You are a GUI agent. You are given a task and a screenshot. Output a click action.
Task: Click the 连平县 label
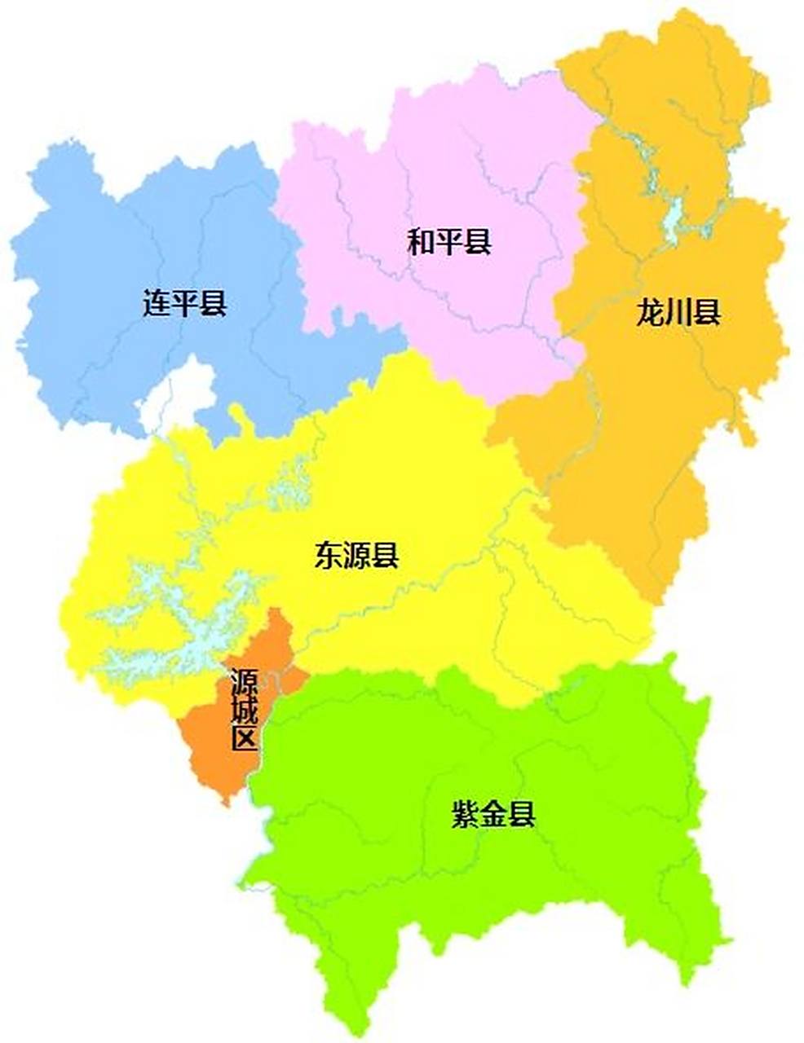pos(185,304)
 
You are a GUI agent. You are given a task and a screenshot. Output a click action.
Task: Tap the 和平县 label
pos(449,241)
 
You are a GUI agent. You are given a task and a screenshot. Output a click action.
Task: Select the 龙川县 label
pos(678,312)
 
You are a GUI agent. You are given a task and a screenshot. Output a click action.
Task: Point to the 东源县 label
pos(356,556)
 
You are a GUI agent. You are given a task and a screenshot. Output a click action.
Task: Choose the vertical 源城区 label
pos(244,710)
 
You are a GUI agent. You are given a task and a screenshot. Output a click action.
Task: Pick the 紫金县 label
pos(493,814)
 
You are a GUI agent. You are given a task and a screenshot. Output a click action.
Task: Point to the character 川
pos(678,312)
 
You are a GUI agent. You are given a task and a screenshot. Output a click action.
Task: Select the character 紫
pos(466,814)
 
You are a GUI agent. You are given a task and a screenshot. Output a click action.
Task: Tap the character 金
pos(493,814)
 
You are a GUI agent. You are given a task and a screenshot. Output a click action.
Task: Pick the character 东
pos(329,556)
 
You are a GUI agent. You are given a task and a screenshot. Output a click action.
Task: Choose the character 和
pos(422,241)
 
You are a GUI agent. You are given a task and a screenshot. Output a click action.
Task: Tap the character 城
pos(244,710)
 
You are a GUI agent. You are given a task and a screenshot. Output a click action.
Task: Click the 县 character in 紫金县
pos(522,814)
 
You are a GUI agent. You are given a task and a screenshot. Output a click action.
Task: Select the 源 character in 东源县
pos(356,556)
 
